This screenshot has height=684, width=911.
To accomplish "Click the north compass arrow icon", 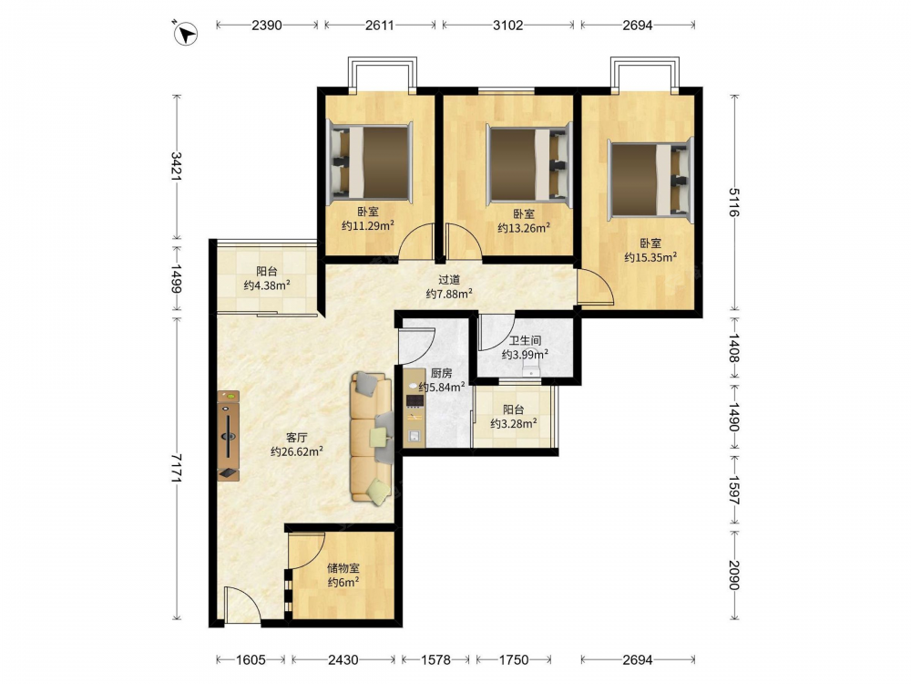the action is (x=185, y=33).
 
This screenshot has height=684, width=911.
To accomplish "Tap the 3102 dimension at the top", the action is (x=507, y=25).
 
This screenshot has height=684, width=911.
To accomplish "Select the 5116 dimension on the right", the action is (x=734, y=202).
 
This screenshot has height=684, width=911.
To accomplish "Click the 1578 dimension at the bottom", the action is (x=435, y=659).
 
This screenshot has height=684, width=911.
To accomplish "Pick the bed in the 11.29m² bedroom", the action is (x=370, y=162).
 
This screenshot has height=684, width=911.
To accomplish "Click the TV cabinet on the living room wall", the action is (x=229, y=436).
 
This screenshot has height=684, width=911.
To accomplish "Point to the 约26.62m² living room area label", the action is (x=297, y=451).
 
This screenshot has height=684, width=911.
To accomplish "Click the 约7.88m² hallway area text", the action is (x=449, y=294).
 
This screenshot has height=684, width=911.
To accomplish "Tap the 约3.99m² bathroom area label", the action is (x=526, y=354).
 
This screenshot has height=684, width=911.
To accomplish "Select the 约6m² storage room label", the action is (x=343, y=582).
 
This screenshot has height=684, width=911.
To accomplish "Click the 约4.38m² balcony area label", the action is (x=267, y=285).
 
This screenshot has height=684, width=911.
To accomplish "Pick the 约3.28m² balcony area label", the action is (x=513, y=423).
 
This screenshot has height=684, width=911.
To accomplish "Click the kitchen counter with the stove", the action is (x=415, y=409).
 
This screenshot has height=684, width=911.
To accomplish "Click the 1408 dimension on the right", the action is (x=734, y=347).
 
